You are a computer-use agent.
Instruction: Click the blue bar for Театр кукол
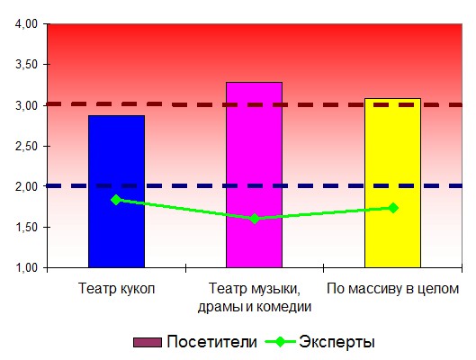[116, 191]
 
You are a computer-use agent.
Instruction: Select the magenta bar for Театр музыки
[255, 175]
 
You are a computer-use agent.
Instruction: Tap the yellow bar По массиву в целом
[392, 183]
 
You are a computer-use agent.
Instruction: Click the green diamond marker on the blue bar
[116, 200]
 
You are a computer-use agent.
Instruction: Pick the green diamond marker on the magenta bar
[255, 218]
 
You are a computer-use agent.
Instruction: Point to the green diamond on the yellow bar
[393, 208]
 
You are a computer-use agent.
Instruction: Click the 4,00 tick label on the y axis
[26, 24]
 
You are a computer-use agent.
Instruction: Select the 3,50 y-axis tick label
[26, 65]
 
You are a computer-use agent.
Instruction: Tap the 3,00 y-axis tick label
[26, 105]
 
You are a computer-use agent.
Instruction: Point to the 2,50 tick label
[26, 147]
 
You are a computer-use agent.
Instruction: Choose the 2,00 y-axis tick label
[26, 186]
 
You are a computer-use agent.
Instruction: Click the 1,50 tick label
[26, 228]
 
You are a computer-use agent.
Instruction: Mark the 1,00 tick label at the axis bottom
[26, 267]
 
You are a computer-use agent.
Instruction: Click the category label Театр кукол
[117, 288]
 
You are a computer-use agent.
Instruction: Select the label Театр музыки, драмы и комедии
[255, 298]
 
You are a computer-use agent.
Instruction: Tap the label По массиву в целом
[392, 289]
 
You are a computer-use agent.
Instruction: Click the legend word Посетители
[211, 342]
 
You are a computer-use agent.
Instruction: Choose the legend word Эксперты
[337, 342]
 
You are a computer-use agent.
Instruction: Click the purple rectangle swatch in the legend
[148, 342]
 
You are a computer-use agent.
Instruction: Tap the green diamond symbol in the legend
[280, 342]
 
